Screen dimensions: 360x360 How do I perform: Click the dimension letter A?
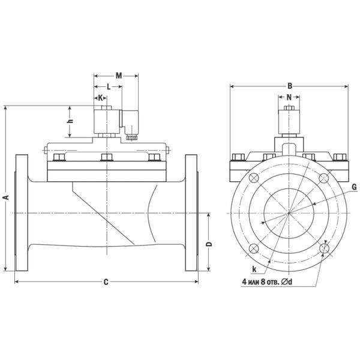click(7, 197)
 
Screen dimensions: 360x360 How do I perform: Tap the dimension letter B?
click(290, 86)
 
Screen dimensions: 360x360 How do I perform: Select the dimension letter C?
click(106, 282)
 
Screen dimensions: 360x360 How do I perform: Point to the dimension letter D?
click(209, 244)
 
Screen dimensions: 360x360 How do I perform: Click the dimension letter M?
click(119, 76)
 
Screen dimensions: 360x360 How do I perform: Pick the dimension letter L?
click(109, 86)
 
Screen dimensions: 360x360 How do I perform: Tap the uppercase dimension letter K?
click(101, 98)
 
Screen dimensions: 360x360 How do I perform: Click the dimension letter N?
click(289, 97)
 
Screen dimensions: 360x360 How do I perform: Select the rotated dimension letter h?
click(71, 121)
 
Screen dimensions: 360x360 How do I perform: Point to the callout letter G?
click(354, 187)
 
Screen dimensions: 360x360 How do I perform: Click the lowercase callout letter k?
click(254, 269)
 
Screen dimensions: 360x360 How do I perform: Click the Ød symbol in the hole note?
click(287, 281)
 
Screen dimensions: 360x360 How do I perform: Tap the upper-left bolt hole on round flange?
click(254, 178)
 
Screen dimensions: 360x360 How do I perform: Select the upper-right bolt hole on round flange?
click(324, 178)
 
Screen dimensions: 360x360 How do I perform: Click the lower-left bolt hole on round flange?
click(254, 248)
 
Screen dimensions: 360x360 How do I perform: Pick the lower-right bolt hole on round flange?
click(325, 248)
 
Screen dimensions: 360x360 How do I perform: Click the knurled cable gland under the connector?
click(131, 137)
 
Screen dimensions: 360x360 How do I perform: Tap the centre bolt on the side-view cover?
click(107, 157)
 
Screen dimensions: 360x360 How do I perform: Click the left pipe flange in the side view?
click(22, 213)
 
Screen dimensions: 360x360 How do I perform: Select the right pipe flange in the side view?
click(191, 213)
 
